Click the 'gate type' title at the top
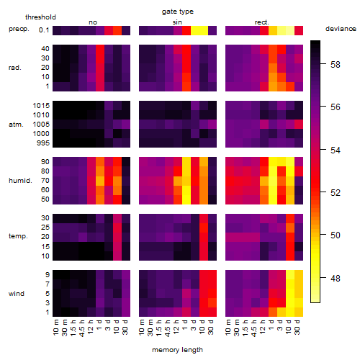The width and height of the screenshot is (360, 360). [178, 12]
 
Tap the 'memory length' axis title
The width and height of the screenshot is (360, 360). [177, 350]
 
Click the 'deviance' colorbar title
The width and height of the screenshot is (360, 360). [341, 29]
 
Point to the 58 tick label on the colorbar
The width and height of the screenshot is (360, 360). [336, 64]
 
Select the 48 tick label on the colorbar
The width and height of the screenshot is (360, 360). [336, 279]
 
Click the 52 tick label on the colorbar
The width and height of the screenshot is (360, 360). [336, 193]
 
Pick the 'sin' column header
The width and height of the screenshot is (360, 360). [177, 22]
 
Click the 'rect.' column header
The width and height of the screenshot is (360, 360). [262, 22]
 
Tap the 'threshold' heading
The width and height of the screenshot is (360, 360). [40, 17]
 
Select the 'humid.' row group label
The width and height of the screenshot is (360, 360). [20, 181]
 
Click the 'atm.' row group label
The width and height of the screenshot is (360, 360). [16, 125]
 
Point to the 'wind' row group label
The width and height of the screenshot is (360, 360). [17, 294]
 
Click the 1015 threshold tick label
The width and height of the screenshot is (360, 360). [41, 106]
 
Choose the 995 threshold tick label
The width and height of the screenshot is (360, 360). [43, 143]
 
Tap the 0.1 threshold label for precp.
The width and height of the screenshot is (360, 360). [44, 30]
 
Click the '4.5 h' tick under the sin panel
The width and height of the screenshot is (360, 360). [168, 328]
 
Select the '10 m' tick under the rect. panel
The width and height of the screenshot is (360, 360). [228, 328]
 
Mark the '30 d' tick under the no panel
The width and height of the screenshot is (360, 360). [125, 328]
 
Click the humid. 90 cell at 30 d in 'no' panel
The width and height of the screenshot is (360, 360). [126, 162]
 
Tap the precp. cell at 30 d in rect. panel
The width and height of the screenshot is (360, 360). [299, 30]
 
